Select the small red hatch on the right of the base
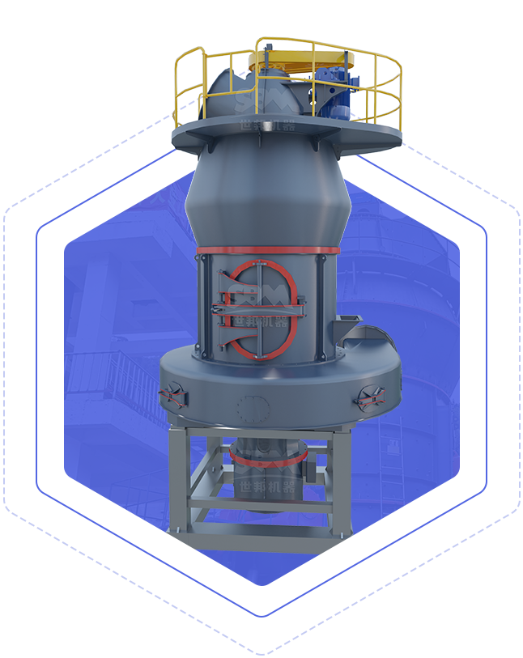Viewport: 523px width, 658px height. [369, 397]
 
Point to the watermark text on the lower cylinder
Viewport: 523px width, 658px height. [267, 478]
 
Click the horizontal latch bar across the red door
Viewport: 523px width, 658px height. [259, 308]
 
